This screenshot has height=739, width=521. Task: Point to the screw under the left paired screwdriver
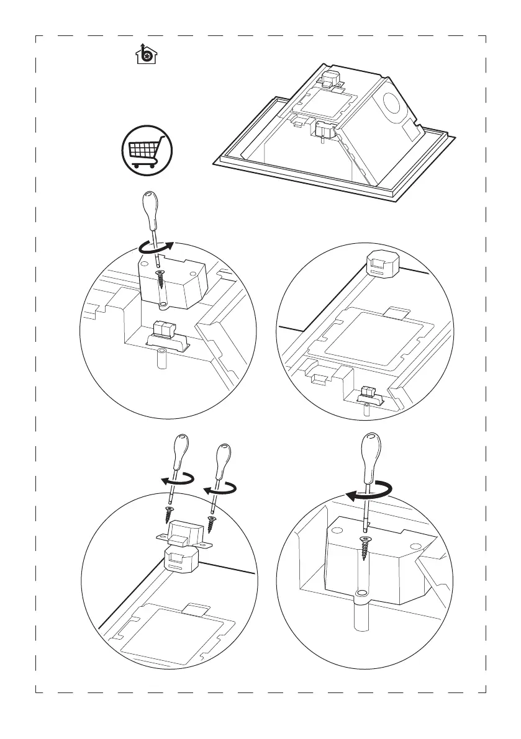coord(168,514)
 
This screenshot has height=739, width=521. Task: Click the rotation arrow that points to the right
coord(155,249)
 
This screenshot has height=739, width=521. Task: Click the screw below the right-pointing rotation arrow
coord(161,279)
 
